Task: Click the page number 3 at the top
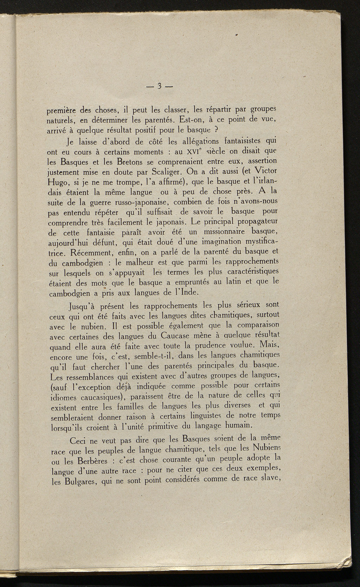159,86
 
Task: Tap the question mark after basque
218,130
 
